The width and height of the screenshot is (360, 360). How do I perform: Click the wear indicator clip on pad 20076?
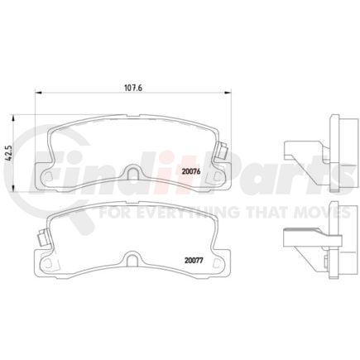(222, 151)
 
